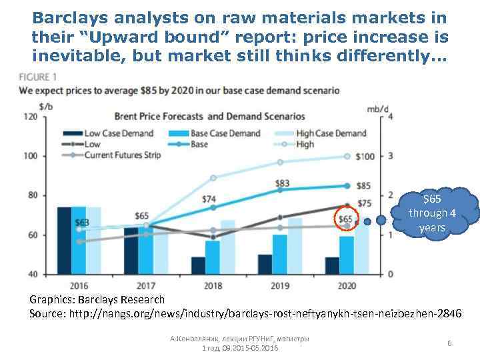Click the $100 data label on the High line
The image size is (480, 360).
[x=365, y=157]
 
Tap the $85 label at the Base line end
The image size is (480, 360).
[x=365, y=185]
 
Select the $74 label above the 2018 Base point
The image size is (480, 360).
[x=209, y=199]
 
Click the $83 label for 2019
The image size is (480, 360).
[x=282, y=183]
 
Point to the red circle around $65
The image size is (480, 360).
[x=346, y=219]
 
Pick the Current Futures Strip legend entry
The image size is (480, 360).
[x=114, y=155]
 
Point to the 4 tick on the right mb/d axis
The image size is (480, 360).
[x=390, y=117]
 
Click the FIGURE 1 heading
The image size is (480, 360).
[x=38, y=77]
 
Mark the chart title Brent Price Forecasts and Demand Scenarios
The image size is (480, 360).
[x=210, y=117]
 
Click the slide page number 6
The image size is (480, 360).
[x=450, y=343]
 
